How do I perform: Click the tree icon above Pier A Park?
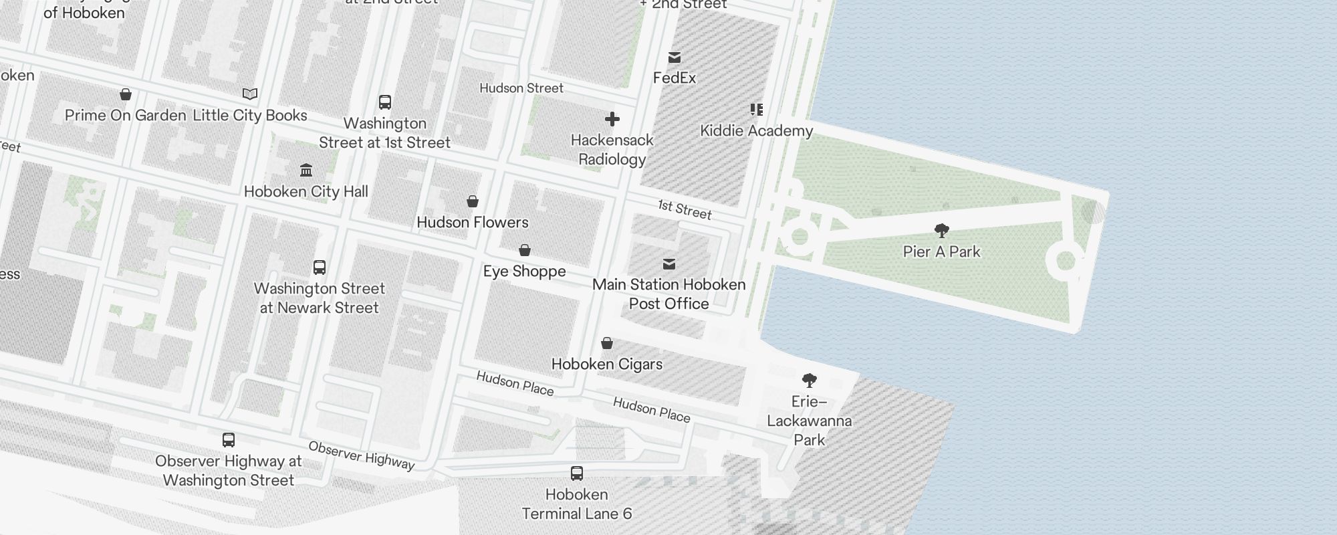[x=942, y=231]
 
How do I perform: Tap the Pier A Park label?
[x=941, y=252]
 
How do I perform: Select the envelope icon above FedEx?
[x=675, y=58]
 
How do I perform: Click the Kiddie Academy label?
[x=756, y=131]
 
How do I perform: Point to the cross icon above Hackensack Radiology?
[x=612, y=120]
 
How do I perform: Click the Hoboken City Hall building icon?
[x=306, y=170]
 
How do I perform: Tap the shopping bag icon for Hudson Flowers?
[x=473, y=201]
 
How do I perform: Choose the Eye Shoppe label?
[x=524, y=272]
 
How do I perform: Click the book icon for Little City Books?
[x=250, y=94]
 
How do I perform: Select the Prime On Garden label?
[x=125, y=116]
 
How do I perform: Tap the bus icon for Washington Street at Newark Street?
[x=320, y=267]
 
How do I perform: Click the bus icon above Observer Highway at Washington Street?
[x=229, y=440]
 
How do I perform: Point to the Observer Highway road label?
[x=361, y=455]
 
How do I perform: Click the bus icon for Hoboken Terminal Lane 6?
[x=577, y=473]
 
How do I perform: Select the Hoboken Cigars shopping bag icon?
[x=607, y=343]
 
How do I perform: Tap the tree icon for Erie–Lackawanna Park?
[x=810, y=381]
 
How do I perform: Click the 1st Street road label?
[x=685, y=209]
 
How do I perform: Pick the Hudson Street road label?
[x=521, y=88]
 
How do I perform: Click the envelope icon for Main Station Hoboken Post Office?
[x=668, y=264]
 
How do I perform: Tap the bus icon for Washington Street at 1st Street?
[x=385, y=102]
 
